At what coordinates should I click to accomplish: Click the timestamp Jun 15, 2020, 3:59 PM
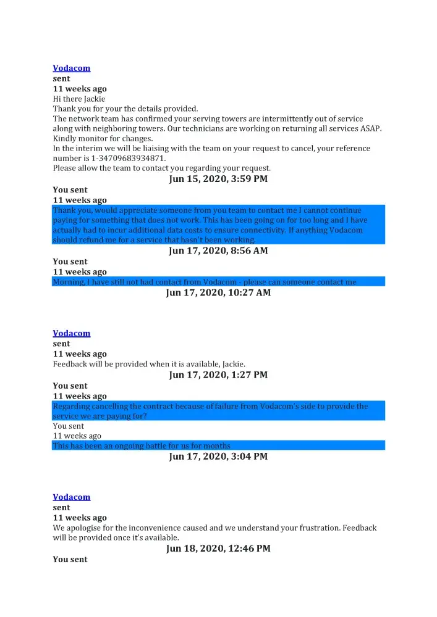pos(218,180)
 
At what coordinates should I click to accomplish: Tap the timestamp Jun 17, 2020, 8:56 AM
pos(218,251)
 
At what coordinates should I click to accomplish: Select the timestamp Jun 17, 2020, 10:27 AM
pos(218,292)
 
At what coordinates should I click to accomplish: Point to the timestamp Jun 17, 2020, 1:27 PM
pos(218,375)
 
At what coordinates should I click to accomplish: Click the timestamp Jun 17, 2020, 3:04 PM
pos(218,457)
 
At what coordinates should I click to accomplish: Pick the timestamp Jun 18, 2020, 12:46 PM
pos(218,549)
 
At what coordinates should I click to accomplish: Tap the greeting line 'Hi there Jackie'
pos(79,99)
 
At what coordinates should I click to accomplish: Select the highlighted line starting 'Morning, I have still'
pos(205,282)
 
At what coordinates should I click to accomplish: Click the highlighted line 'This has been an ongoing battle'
pos(142,445)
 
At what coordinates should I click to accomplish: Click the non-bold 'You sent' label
pos(69,426)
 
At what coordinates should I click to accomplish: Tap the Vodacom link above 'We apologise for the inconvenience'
pos(72,497)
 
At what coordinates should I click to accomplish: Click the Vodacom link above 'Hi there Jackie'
pos(72,68)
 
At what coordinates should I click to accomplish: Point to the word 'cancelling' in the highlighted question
pos(108,407)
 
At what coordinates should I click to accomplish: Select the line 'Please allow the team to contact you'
pos(162,168)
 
